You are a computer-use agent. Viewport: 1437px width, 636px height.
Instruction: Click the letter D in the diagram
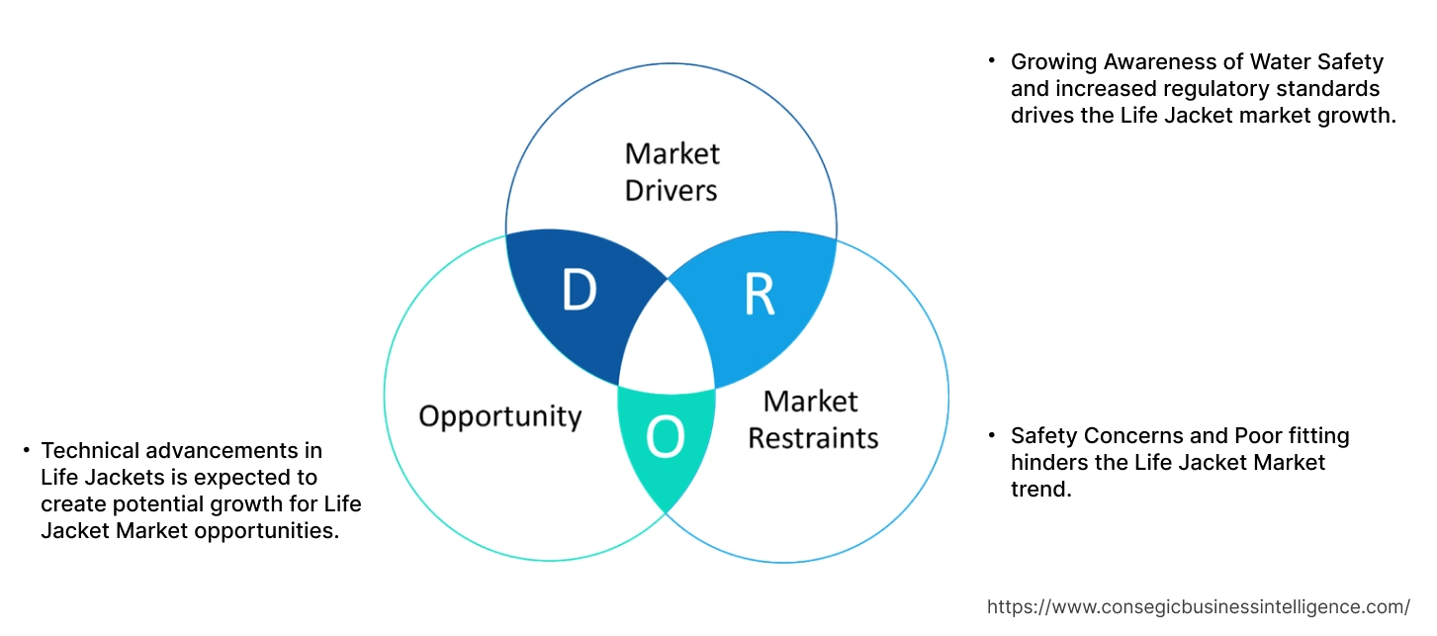pos(580,291)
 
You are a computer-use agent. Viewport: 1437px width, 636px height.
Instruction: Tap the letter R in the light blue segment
pos(759,294)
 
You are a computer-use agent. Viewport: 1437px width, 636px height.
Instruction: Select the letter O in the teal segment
pos(666,439)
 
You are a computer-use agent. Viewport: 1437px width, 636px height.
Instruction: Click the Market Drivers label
pos(672,171)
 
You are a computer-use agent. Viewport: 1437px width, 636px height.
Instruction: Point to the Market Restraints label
pos(812,419)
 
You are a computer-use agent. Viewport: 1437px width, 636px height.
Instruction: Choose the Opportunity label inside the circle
pos(499,415)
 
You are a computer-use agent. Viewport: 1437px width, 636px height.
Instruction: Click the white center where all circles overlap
pos(668,341)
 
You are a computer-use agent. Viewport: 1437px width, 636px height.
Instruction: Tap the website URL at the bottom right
pos(1199,606)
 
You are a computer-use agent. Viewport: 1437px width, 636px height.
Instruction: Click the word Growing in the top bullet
pos(1052,61)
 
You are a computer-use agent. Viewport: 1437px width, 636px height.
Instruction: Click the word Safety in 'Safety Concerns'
pos(1043,435)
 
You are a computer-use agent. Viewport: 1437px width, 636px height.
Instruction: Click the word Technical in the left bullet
pos(90,451)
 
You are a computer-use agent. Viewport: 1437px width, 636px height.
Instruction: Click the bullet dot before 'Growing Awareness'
pos(992,61)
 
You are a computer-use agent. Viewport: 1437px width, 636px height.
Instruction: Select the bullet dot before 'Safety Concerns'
pos(992,435)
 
